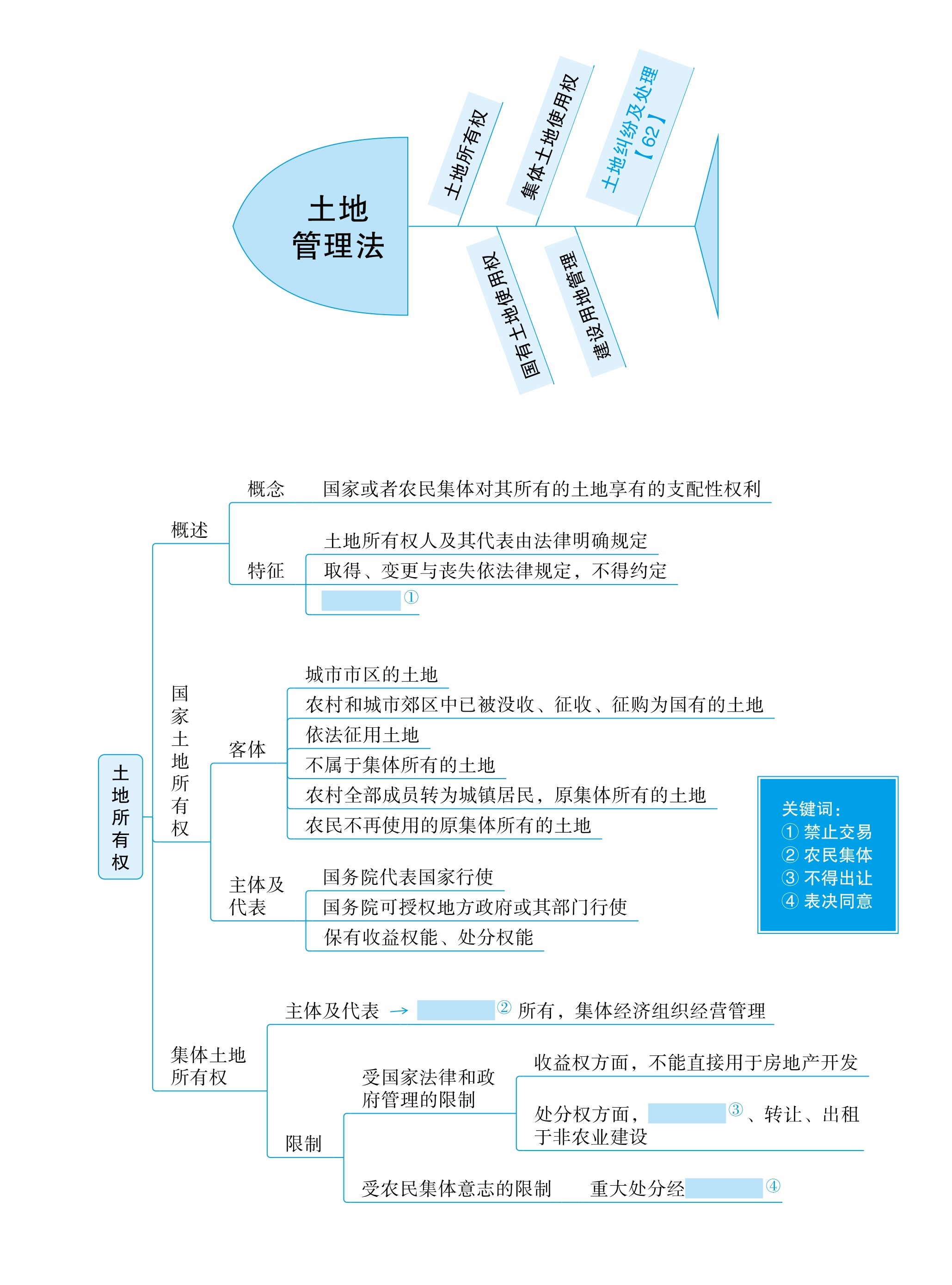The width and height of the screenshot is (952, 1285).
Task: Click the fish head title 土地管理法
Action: point(338,227)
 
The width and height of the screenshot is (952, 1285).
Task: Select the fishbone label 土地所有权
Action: point(466,155)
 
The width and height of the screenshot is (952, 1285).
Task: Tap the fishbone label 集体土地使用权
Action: point(549,136)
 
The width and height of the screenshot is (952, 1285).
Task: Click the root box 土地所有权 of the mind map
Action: point(120,817)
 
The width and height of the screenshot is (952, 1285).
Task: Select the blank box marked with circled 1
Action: point(361,600)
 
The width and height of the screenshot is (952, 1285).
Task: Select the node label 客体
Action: point(247,749)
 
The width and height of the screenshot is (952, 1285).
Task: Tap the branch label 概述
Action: point(190,530)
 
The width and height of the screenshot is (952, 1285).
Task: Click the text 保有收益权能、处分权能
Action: point(429,937)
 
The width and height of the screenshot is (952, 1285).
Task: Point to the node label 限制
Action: point(304,1143)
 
